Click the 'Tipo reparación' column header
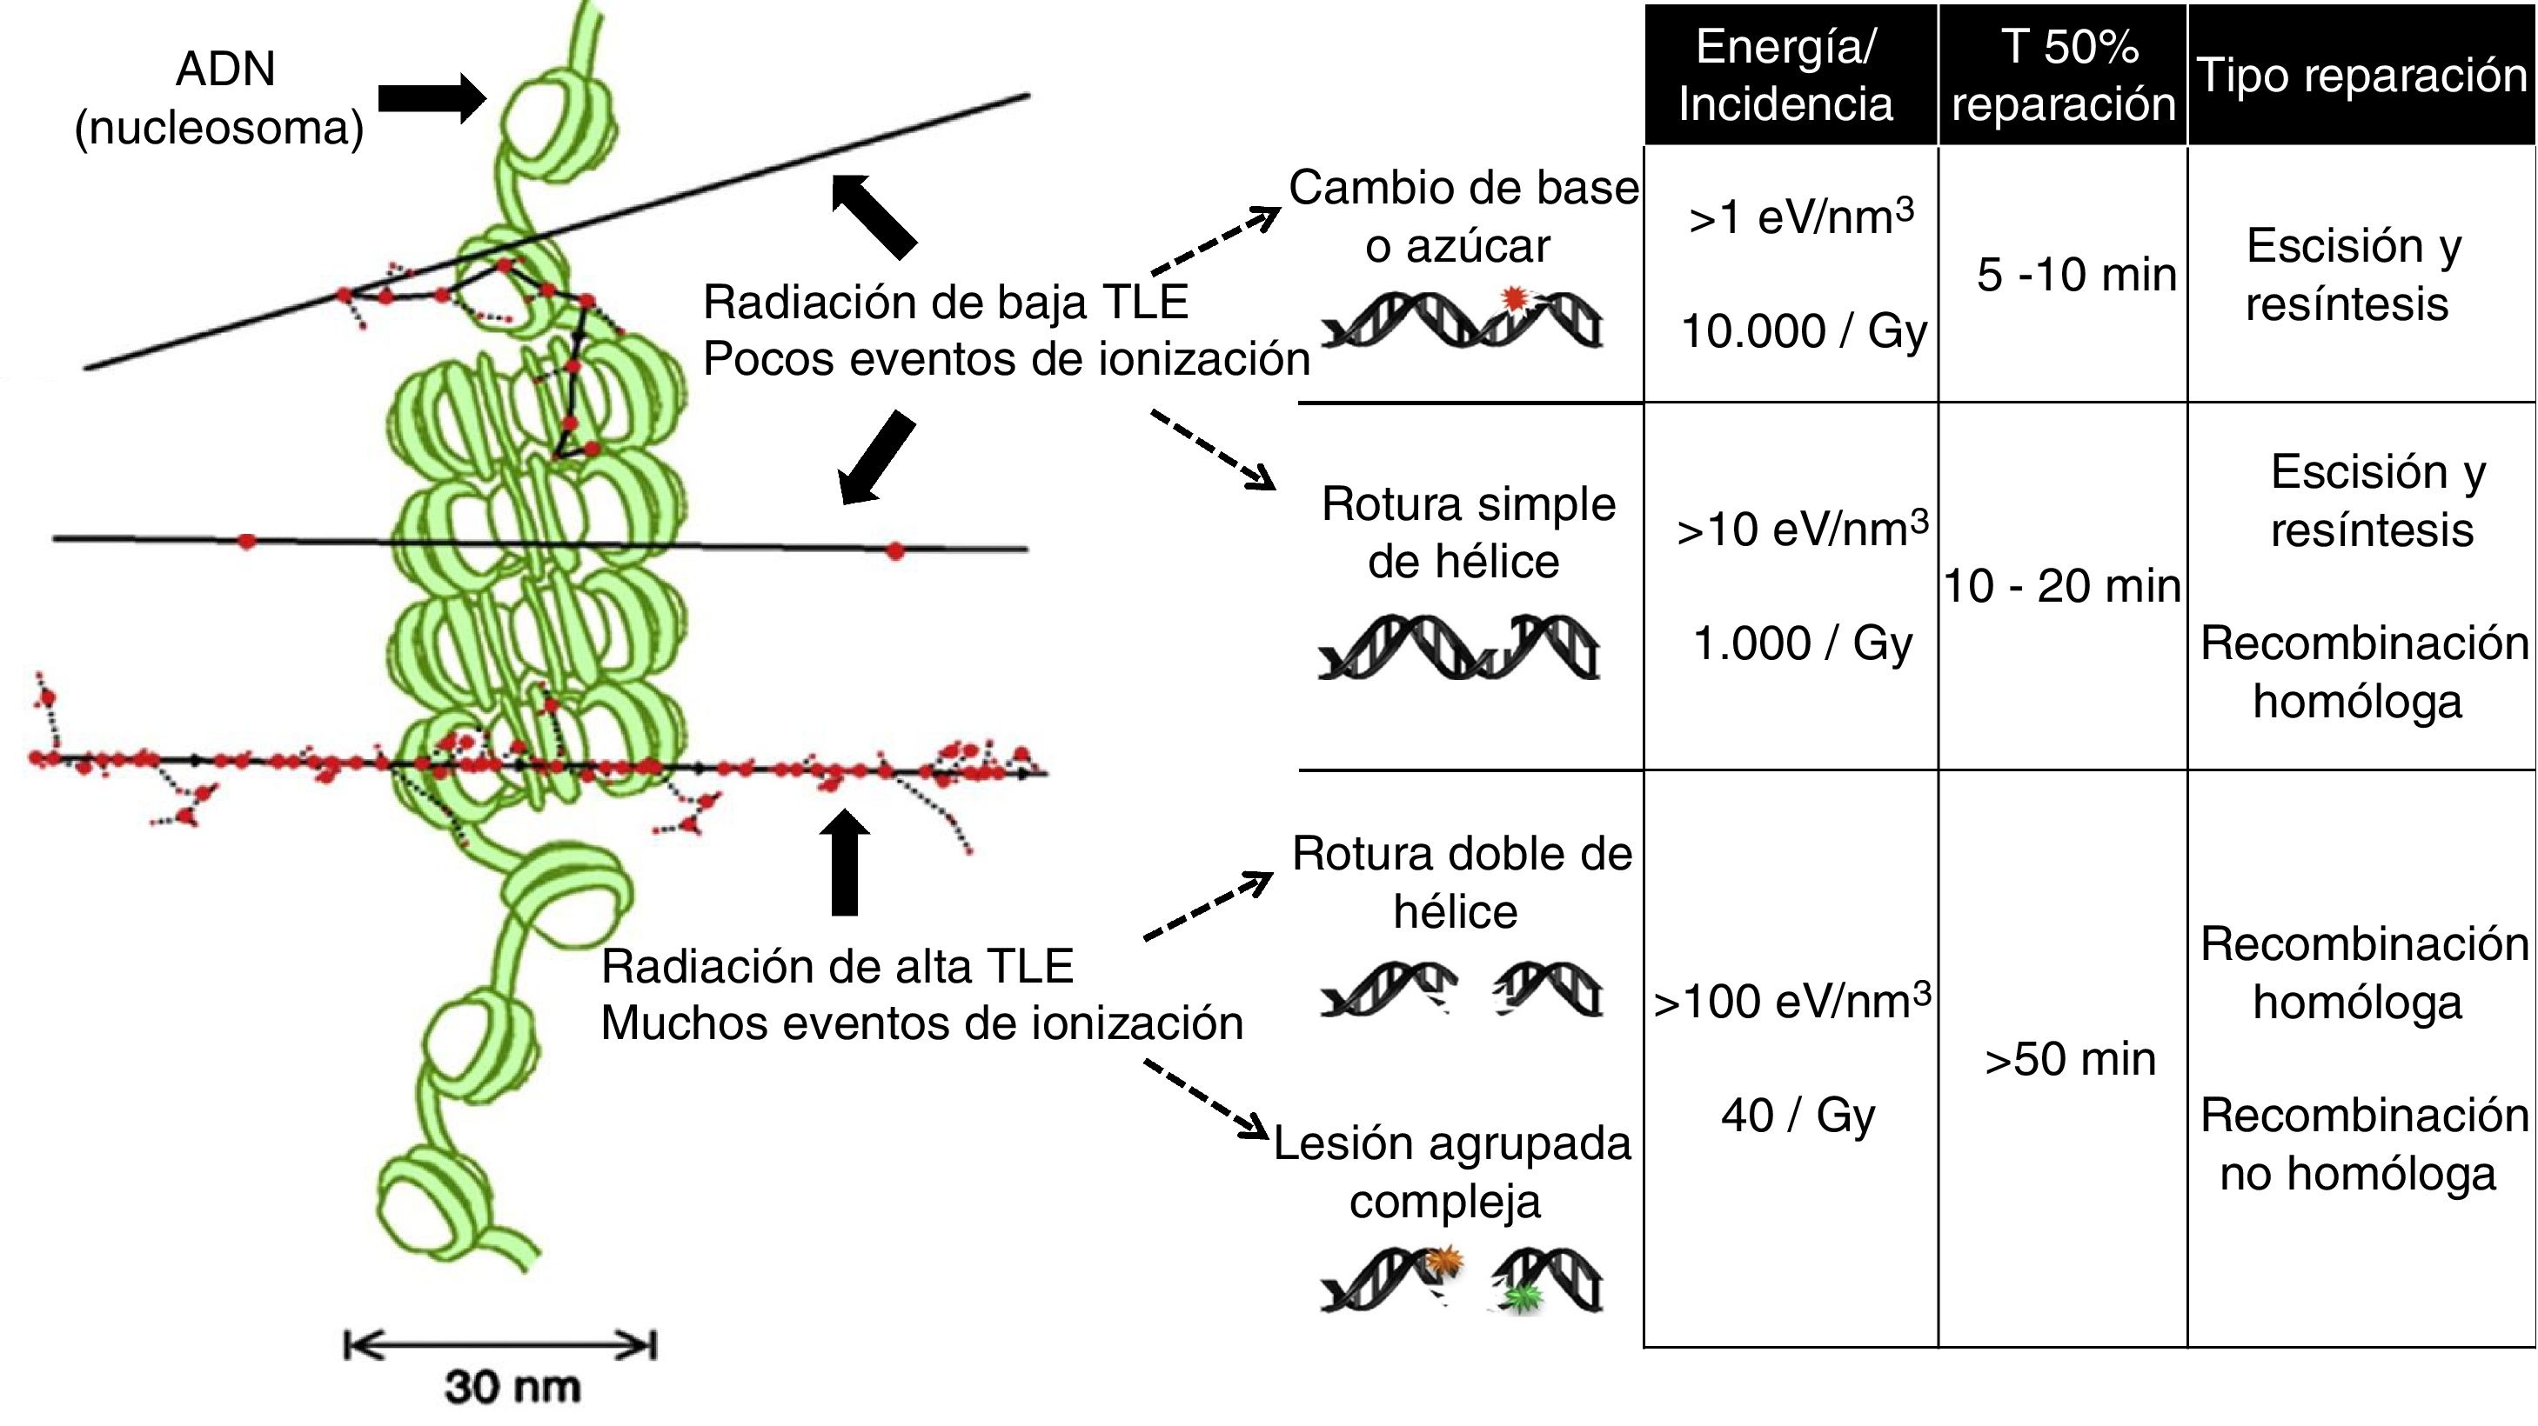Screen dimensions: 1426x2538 click(2361, 76)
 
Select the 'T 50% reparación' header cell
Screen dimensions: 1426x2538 click(2063, 76)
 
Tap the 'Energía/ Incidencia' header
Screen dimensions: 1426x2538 click(1786, 76)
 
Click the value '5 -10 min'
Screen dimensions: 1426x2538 click(2076, 275)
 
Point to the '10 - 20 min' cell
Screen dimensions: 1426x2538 click(2062, 586)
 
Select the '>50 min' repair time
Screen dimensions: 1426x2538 click(2070, 1060)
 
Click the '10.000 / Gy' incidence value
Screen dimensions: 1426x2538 click(1803, 331)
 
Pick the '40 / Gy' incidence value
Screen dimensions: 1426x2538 click(1798, 1116)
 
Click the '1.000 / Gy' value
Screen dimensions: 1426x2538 click(1802, 644)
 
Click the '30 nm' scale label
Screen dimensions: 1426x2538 click(512, 1387)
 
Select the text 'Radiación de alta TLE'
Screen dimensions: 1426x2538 click(836, 966)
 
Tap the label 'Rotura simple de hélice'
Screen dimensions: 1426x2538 click(1467, 533)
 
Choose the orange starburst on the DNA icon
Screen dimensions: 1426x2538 click(1444, 1261)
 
